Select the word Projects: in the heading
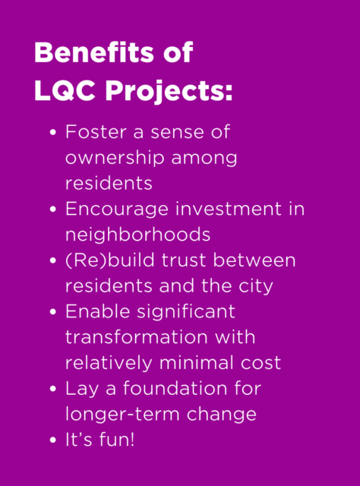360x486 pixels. [x=169, y=92]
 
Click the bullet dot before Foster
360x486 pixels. [x=53, y=133]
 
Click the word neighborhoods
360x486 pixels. [x=137, y=235]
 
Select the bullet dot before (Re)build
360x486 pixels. [x=53, y=261]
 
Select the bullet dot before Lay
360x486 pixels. [x=53, y=389]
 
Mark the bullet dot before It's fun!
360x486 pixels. [x=53, y=440]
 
